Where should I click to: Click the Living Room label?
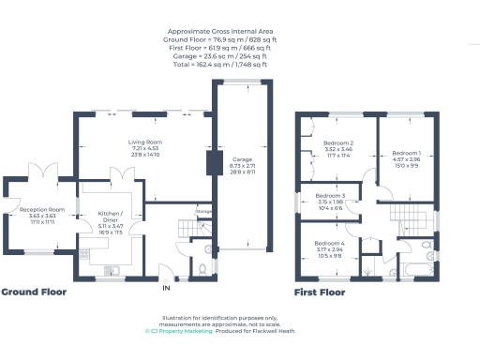pos(145,142)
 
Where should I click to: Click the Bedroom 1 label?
pos(406,153)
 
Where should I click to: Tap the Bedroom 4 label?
pos(328,244)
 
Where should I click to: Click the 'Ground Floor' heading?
pos(34,292)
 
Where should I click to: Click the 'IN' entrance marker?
pos(167,287)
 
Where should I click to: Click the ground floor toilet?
pos(203,268)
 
